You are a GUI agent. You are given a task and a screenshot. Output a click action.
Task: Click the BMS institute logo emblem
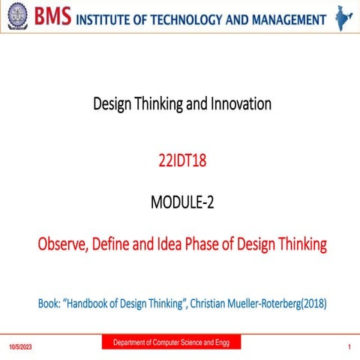coord(16,17)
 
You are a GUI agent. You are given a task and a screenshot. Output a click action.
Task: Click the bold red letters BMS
coord(51,17)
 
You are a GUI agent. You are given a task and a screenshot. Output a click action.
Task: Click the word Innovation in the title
coord(240,104)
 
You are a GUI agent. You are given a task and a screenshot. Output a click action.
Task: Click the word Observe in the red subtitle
coord(65,244)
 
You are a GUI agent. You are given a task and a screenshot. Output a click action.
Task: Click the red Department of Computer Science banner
coord(171,343)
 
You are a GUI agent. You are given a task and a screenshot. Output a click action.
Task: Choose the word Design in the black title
coord(112,104)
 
